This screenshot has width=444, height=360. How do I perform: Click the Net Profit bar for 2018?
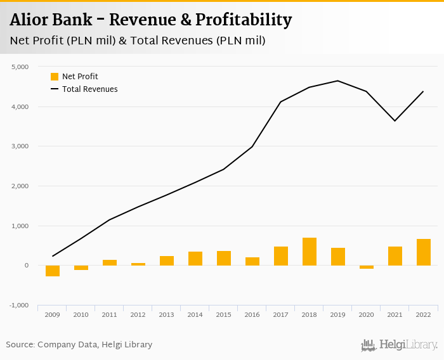pyautogui.click(x=310, y=252)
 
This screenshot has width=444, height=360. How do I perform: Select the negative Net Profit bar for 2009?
pyautogui.click(x=53, y=271)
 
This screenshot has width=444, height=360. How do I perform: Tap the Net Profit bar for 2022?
pyautogui.click(x=424, y=252)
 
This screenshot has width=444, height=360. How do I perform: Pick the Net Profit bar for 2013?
pyautogui.click(x=167, y=260)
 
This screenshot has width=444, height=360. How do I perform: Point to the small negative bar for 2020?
pyautogui.click(x=367, y=267)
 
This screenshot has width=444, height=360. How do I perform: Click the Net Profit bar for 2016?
pyautogui.click(x=252, y=261)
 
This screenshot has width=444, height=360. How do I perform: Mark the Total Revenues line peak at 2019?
pyautogui.click(x=337, y=80)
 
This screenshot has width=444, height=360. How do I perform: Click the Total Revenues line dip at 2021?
pyautogui.click(x=395, y=120)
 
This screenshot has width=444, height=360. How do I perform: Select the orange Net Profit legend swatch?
pyautogui.click(x=55, y=77)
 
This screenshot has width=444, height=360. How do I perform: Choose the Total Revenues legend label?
pyautogui.click(x=89, y=89)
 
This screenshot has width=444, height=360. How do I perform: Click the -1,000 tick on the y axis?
pyautogui.click(x=19, y=305)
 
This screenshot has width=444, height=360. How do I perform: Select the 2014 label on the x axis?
pyautogui.click(x=195, y=314)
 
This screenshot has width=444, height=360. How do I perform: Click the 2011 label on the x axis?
pyautogui.click(x=110, y=314)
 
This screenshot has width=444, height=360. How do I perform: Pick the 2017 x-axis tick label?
pyautogui.click(x=281, y=314)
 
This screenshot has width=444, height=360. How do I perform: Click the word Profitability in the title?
pyautogui.click(x=243, y=20)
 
